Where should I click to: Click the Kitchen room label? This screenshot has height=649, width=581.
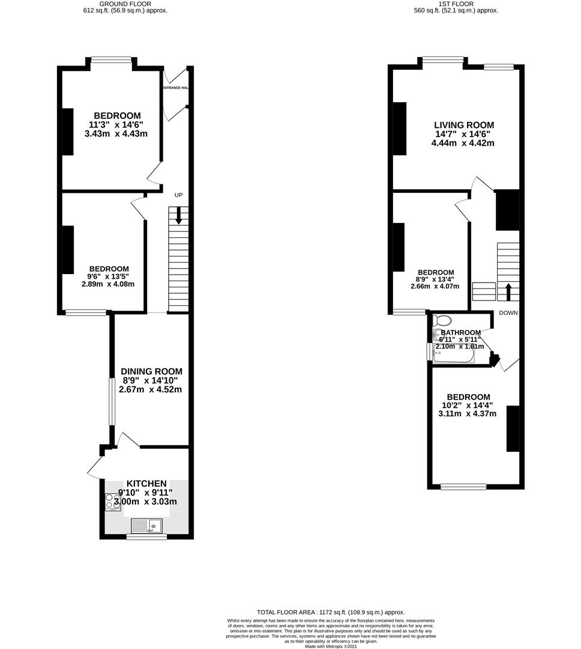146,484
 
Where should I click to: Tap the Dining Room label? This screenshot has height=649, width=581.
151,371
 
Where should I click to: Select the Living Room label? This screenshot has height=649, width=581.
464,125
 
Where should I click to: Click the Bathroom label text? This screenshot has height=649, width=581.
460,333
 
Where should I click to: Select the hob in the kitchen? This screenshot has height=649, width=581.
113,501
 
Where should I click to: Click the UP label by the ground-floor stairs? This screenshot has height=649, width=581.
178,195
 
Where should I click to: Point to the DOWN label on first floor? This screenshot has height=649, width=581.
508,313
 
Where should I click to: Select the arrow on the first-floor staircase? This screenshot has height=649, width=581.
508,291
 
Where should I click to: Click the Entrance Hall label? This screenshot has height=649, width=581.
175,88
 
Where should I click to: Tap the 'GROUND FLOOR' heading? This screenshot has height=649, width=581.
125,4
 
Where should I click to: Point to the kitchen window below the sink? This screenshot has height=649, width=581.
146,537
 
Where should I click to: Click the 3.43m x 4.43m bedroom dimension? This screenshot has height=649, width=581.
117,133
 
